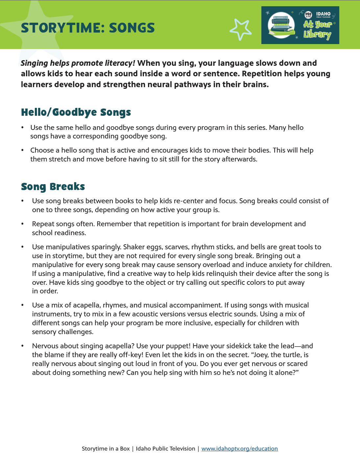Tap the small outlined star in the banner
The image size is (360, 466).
coord(241,29)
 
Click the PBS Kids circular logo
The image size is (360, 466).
coord(308,15)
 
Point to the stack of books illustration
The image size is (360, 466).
coord(280,26)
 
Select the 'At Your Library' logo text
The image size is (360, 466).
coord(317,30)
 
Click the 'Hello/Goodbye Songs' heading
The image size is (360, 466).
coord(76,112)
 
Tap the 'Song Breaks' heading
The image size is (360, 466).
coord(53,187)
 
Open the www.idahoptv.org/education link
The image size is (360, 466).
coord(239,449)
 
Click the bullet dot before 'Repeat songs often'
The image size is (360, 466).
coord(22,224)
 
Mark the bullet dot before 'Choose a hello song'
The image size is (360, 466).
coord(22,150)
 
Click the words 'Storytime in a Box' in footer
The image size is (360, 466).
coord(106,449)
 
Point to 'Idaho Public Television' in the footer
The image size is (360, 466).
coord(165,449)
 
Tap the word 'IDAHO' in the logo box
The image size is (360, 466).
coord(323,14)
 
